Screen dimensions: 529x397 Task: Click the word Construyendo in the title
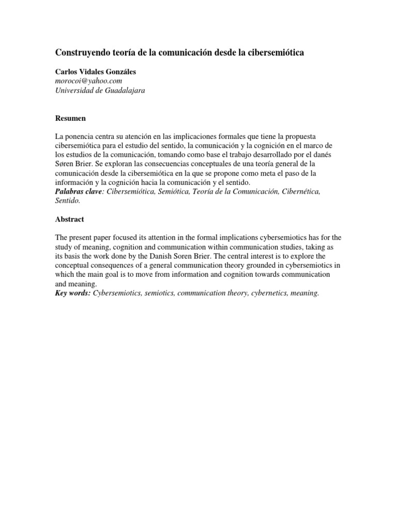[80, 53]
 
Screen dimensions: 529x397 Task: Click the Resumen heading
[70, 118]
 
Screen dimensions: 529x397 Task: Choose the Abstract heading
[70, 219]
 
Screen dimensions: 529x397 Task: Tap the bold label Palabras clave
[79, 191]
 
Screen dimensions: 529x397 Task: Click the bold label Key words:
[73, 293]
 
